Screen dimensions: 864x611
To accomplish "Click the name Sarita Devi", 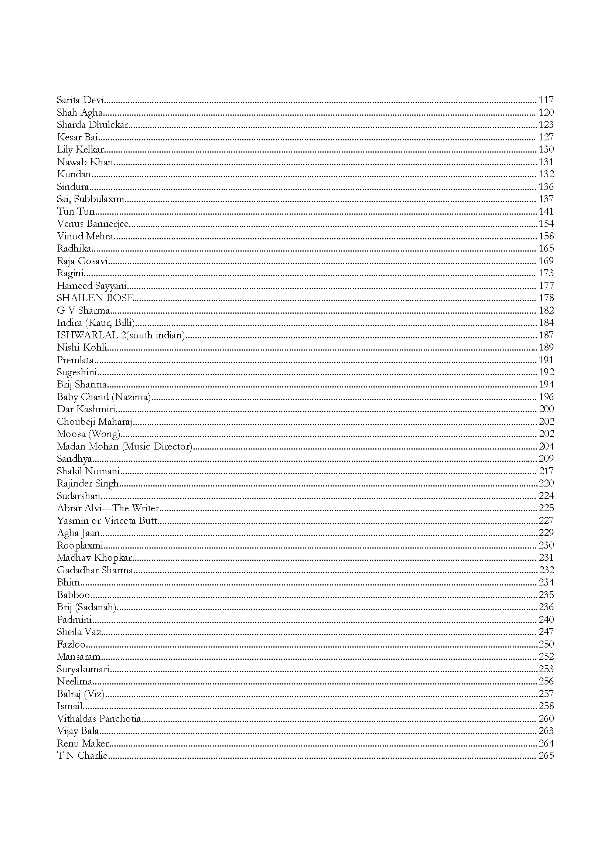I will pos(80,100).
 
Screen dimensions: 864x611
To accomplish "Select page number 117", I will pos(546,100).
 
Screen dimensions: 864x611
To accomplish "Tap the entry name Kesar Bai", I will pos(78,137).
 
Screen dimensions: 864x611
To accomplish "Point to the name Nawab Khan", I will pos(85,162).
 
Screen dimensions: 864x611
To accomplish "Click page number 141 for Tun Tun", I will pos(546,212).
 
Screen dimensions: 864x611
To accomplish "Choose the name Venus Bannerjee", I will pos(93,224).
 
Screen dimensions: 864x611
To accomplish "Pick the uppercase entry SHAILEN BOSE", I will pos(95,298).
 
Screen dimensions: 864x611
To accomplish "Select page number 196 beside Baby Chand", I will pos(546,397).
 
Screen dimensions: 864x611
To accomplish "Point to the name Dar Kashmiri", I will pos(86,409).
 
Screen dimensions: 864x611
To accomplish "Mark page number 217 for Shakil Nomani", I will pos(546,471).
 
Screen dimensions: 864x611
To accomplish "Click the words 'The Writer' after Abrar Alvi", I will pos(136,508).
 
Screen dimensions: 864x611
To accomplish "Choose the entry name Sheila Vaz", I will pos(79,632).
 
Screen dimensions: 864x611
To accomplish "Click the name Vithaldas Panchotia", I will pos(99,719).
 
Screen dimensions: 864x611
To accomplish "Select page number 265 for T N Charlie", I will pos(546,756).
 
